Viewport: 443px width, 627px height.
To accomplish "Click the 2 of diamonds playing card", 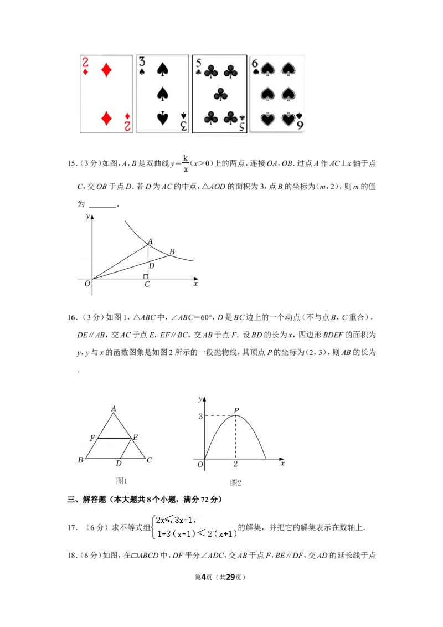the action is pos(106,94).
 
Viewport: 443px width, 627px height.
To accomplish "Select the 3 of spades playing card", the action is pos(162,94).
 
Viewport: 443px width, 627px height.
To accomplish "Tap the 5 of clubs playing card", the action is pos(219,94).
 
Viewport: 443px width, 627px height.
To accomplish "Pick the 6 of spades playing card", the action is pos(277,94).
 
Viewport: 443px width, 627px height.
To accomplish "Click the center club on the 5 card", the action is pos(220,95).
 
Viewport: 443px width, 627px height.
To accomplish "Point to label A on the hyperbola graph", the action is pos(150,241).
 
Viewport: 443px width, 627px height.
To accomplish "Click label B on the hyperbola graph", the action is pos(172,251).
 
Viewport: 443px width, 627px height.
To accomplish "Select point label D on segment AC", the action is pos(152,265).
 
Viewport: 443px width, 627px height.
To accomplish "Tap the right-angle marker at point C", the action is pos(146,277).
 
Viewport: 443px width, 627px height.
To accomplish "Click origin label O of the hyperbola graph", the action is pos(87,284).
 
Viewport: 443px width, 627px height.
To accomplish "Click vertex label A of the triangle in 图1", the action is pos(114,408).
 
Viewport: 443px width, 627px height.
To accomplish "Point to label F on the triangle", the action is pos(92,438).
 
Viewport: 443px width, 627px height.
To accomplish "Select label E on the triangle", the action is pos(136,438).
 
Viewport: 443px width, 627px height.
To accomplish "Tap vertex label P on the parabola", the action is pos(236,410).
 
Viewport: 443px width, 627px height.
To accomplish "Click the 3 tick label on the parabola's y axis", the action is pos(200,417).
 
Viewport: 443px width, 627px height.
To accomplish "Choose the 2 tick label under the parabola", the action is pos(235,464).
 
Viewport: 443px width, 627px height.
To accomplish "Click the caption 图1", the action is pos(121,481).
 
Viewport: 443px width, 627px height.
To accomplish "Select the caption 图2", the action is pos(235,482).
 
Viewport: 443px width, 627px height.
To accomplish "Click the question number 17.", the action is pos(73,527).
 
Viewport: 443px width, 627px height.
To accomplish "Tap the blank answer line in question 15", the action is pos(103,207).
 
